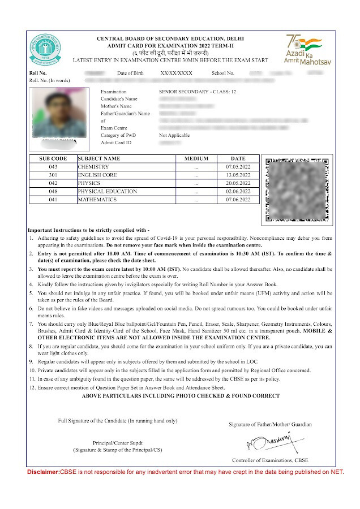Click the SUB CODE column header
[53, 158]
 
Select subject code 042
[53, 183]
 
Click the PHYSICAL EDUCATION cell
[108, 191]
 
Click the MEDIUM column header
[196, 158]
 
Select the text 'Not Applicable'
[174, 136]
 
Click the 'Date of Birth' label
[130, 74]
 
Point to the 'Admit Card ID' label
[115, 143]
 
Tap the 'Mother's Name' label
[116, 106]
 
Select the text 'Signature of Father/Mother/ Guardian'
[270, 424]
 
